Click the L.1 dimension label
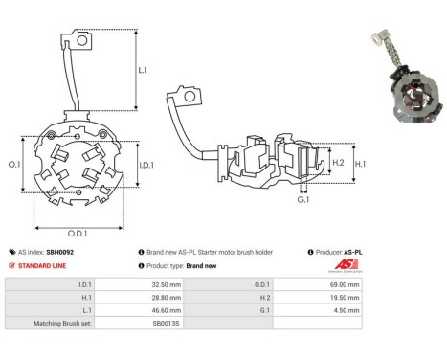click(x=143, y=70)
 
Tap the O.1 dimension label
click(x=14, y=164)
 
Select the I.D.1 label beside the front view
click(x=146, y=165)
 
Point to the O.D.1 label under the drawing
click(x=78, y=234)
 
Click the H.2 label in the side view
click(x=338, y=163)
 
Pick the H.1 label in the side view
click(x=360, y=164)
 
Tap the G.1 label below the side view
click(x=303, y=200)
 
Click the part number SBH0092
click(x=60, y=252)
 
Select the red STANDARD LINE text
click(x=42, y=265)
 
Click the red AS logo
click(x=346, y=264)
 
